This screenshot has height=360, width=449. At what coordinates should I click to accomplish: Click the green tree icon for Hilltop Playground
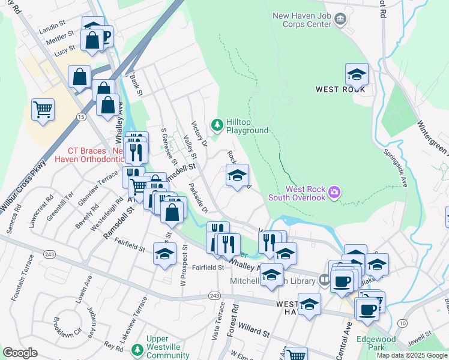217,125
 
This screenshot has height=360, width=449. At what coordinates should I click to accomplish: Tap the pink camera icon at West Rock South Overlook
334,193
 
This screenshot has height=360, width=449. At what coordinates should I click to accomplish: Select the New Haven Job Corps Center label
310,20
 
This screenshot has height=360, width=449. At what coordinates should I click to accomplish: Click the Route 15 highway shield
81,116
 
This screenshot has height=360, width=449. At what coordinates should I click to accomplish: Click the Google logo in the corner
20,353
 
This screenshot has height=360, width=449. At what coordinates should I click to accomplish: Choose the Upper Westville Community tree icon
137,349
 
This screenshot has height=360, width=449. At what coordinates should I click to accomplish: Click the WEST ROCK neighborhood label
340,89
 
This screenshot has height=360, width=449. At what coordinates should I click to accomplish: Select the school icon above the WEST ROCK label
357,74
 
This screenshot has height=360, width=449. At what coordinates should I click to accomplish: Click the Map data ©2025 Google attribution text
412,355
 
